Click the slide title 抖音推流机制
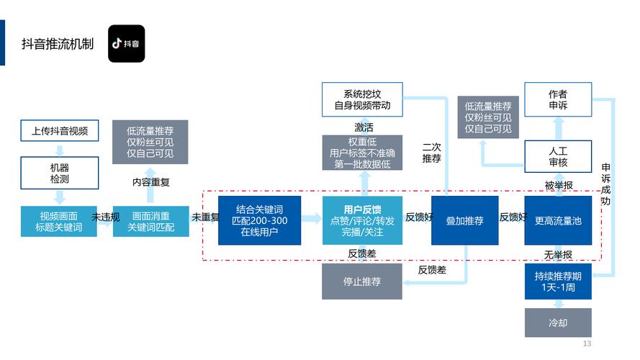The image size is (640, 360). coord(58,44)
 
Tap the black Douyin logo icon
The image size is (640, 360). coord(126,43)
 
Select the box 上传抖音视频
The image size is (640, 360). coord(60,131)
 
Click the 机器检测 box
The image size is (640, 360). coord(60,171)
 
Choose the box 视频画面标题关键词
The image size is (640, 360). coord(60,222)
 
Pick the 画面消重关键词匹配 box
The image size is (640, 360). coord(150,222)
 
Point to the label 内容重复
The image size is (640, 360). coord(150,182)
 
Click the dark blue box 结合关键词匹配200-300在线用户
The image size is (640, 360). coord(260,221)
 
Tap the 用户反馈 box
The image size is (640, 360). coord(362,221)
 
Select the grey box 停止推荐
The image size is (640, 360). coord(362,282)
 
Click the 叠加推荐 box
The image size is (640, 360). coord(465,221)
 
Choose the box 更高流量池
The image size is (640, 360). coord(558,221)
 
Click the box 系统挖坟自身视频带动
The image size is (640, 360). coord(362,99)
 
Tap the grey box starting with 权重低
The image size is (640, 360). coord(362,153)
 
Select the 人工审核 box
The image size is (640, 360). coord(558,157)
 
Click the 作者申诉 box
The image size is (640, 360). coord(558,99)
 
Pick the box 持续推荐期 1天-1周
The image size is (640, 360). coord(558,282)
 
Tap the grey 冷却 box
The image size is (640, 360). coord(558,323)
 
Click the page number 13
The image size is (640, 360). coord(587,344)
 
